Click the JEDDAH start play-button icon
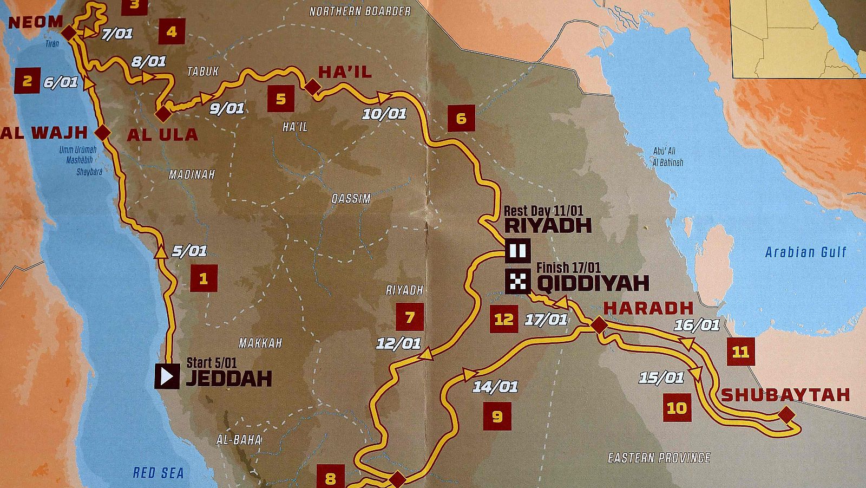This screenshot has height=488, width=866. tap(167, 376)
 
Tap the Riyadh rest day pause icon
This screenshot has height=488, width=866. tap(517, 251)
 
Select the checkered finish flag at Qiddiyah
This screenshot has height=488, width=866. tap(517, 281)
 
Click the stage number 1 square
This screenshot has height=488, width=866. tap(204, 278)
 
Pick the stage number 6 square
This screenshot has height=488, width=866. tap(461, 118)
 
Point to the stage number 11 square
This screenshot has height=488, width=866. tap(740, 352)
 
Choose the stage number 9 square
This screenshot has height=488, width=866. tap(497, 416)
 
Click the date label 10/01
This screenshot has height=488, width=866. tap(384, 114)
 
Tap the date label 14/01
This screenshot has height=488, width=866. tap(495, 387)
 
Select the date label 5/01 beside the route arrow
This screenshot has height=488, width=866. tap(189, 251)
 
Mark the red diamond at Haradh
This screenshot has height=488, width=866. tap(599, 326)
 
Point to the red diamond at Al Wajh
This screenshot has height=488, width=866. tap(102, 132)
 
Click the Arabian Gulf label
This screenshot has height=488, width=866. tap(805, 252)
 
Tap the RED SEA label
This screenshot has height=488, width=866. tap(158, 473)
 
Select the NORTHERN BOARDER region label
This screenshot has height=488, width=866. tap(360, 11)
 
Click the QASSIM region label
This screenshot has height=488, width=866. tap(351, 199)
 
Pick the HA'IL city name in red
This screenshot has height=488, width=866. tap(345, 72)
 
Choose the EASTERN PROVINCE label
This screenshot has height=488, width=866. tap(659, 458)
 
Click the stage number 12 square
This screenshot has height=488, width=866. tap(503, 319)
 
